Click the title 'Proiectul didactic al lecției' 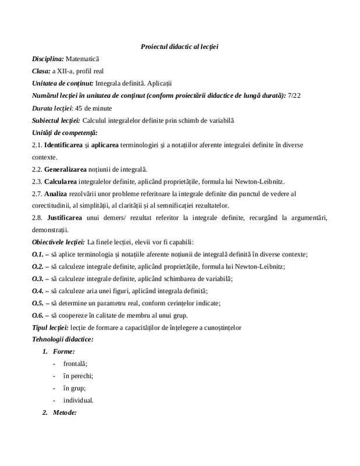click(179, 47)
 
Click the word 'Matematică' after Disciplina click(83, 59)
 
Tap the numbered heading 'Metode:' click(65, 412)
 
